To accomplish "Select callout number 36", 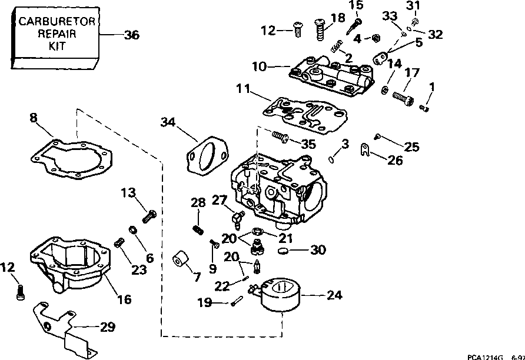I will pos(132,35).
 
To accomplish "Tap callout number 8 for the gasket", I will pos(34,118).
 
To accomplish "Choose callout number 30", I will pos(318,250).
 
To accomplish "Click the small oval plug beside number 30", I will pos(284,251).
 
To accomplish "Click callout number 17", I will pos(411,74).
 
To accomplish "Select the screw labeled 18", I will pos(320,28).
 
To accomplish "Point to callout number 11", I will pos(242,89).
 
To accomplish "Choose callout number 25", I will pos(411,147).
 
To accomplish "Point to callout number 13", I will pos(128,193).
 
